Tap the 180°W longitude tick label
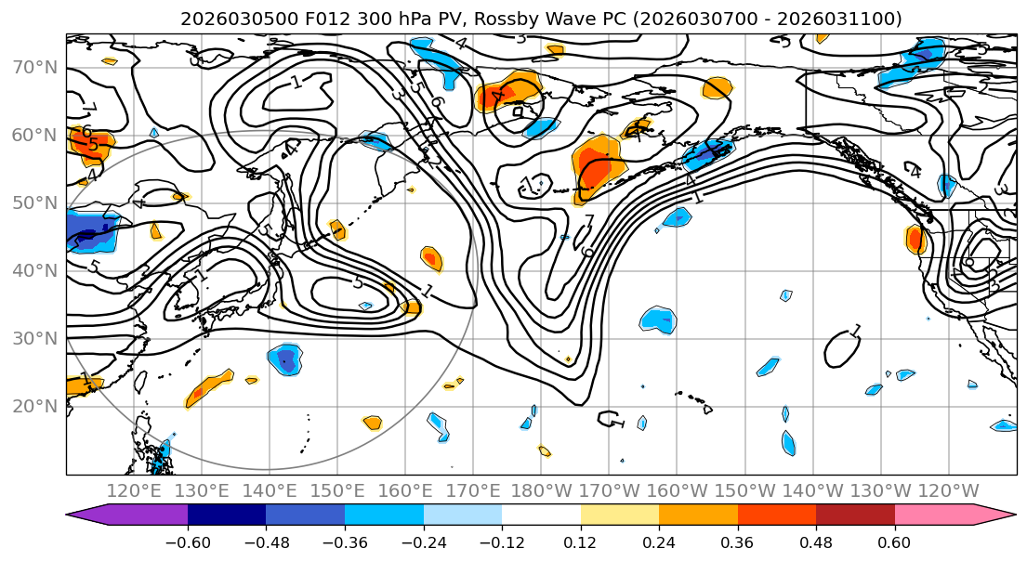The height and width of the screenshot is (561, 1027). click(541, 490)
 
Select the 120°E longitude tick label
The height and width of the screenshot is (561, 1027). click(134, 490)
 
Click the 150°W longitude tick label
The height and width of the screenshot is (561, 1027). click(744, 490)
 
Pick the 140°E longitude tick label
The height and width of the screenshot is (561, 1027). click(270, 490)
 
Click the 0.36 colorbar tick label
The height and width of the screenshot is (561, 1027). click(737, 540)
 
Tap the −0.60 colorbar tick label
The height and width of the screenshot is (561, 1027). click(188, 540)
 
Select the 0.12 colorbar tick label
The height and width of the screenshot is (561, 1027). click(580, 540)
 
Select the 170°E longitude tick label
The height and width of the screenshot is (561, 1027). click(473, 490)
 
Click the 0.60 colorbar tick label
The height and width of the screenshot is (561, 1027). click(894, 540)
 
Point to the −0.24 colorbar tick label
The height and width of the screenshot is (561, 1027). click(423, 540)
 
